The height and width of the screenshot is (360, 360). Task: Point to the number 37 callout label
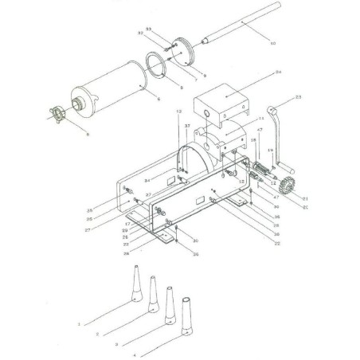point(187,126)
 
